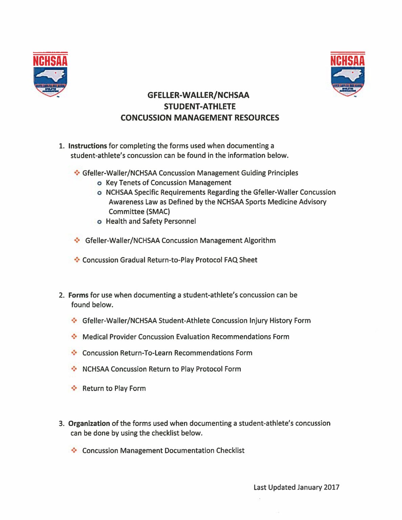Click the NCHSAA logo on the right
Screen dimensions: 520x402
pyautogui.click(x=348, y=74)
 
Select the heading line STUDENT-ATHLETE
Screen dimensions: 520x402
pyautogui.click(x=200, y=107)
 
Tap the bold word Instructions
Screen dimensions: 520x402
pyautogui.click(x=87, y=146)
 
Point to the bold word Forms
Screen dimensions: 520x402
pyautogui.click(x=78, y=295)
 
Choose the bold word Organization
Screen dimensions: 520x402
pyautogui.click(x=89, y=424)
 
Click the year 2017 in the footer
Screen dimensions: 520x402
pyautogui.click(x=332, y=487)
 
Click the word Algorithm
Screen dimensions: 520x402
pyautogui.click(x=260, y=241)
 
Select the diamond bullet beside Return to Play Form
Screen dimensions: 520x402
pyautogui.click(x=74, y=388)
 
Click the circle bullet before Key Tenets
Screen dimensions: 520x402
pyautogui.click(x=99, y=183)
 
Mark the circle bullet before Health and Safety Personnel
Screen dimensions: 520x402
pyautogui.click(x=99, y=222)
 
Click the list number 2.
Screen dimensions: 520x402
pyautogui.click(x=61, y=295)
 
